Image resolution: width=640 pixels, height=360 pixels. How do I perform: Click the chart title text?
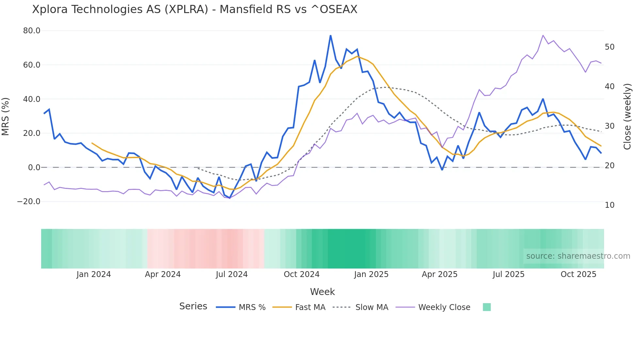(195, 9)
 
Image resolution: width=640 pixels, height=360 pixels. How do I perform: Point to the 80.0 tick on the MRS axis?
(32, 31)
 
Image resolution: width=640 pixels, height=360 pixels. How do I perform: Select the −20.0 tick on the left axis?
(29, 202)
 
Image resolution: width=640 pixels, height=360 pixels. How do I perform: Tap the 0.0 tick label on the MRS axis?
(34, 168)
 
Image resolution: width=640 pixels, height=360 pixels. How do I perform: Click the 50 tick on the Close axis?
(610, 47)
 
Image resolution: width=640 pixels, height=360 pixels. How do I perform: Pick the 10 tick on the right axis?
(610, 205)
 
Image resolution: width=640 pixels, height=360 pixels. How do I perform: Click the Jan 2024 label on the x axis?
(94, 274)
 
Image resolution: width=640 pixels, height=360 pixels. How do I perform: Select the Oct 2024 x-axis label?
(301, 274)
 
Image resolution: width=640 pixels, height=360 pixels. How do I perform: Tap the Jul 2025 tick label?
(508, 274)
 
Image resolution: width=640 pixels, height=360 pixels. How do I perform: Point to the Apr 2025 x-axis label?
(440, 274)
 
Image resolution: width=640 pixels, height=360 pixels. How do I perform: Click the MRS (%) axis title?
(6, 117)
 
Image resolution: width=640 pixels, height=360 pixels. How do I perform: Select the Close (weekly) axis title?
(627, 117)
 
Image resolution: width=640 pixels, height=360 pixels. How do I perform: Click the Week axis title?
(322, 292)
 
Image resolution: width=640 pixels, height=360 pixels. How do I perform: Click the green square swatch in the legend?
(487, 307)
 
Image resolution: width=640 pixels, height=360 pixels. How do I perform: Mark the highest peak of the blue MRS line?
(330, 35)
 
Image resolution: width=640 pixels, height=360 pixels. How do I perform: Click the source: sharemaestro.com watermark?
(578, 256)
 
